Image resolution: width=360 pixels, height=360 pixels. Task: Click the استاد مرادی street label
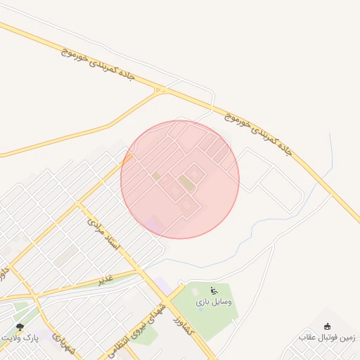click(x=105, y=236)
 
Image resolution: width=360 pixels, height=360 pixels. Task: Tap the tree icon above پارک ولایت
click(x=20, y=327)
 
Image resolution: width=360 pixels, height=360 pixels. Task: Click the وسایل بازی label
click(x=214, y=302)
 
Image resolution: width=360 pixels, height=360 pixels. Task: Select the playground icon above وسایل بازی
click(x=214, y=290)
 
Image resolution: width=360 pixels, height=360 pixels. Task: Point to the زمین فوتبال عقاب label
click(x=327, y=337)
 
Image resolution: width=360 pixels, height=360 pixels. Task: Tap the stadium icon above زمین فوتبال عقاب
click(x=328, y=326)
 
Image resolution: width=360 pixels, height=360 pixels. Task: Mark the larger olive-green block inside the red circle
click(x=186, y=184)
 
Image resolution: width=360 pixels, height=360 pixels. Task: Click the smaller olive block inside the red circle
click(x=156, y=175)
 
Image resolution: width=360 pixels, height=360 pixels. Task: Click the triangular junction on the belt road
click(x=161, y=90)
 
